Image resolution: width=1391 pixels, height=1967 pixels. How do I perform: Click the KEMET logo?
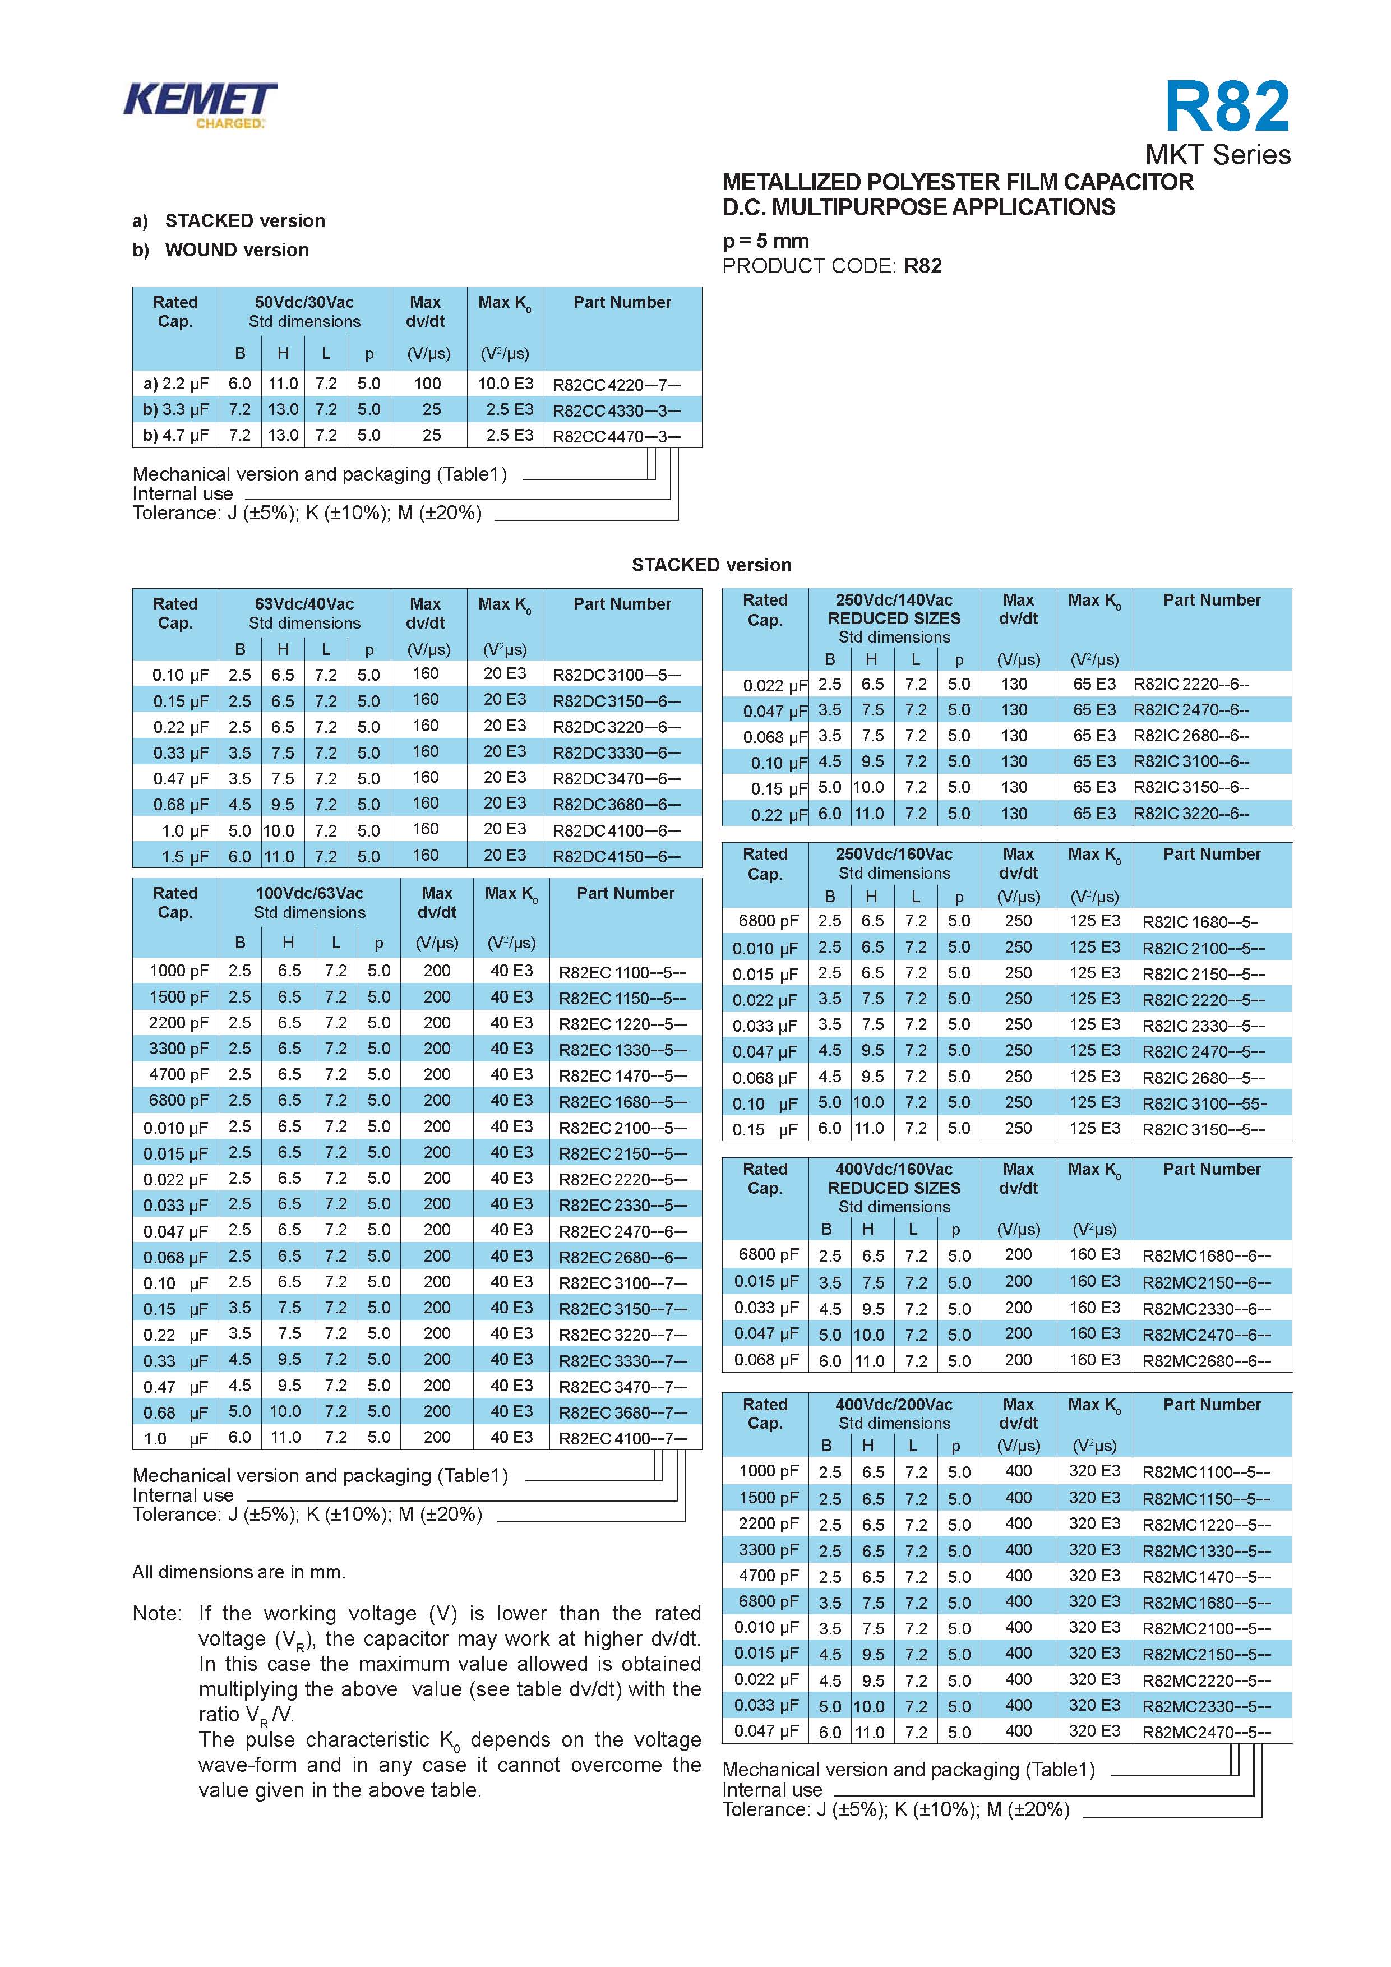pos(200,104)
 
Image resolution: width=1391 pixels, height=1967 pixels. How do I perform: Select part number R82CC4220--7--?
pos(616,385)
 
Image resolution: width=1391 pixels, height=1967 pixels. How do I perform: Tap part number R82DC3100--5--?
pos(616,675)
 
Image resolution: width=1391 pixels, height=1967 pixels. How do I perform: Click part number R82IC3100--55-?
pos(1204,1103)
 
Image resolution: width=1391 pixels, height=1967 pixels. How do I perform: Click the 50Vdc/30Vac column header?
pos(304,302)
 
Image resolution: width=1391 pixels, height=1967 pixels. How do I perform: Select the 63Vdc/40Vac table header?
pos(304,604)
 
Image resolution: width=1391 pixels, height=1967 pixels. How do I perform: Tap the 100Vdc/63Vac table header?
pos(309,894)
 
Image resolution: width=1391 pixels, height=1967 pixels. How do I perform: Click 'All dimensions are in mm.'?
pos(239,1572)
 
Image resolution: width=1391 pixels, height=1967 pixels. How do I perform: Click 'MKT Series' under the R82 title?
pos(1217,155)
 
